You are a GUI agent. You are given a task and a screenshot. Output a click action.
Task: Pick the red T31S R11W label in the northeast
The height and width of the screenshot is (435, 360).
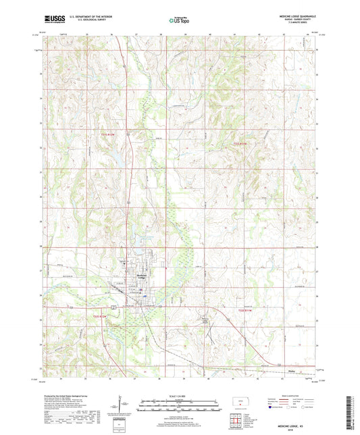pos(240,144)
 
